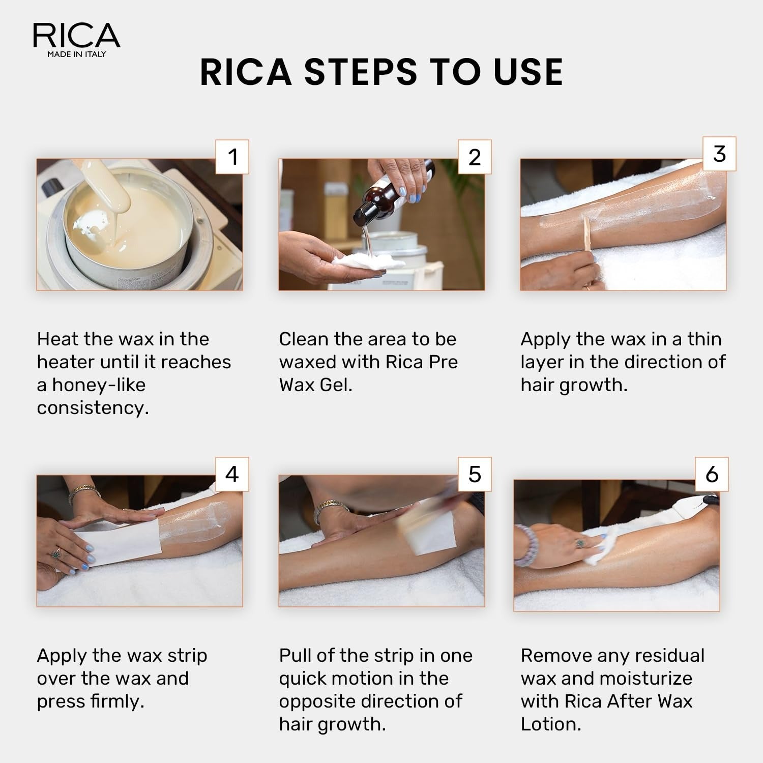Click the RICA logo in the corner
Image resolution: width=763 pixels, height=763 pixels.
[x=76, y=36]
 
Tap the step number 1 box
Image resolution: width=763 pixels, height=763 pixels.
[x=232, y=157]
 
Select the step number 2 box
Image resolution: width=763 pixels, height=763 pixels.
[x=475, y=157]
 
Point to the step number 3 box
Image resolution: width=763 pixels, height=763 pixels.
[x=719, y=154]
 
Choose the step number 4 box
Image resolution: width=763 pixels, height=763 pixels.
[x=232, y=474]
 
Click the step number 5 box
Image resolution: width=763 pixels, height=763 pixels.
[x=475, y=474]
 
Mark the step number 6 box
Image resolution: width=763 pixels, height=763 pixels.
[x=712, y=474]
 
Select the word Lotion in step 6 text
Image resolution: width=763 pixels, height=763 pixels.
[x=550, y=724]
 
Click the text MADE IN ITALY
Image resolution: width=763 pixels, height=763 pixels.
[x=76, y=54]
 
